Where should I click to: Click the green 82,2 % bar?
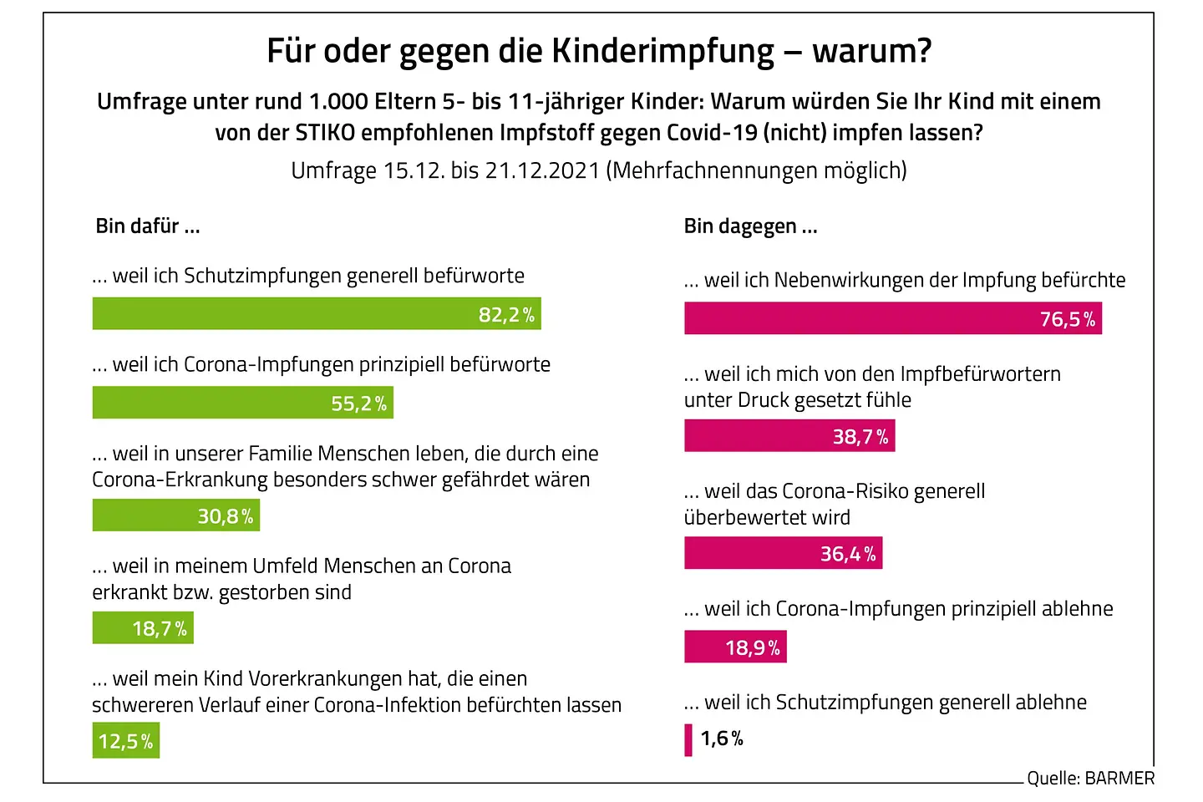[316, 314]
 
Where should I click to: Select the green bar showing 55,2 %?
[242, 403]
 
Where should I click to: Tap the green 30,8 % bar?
[175, 515]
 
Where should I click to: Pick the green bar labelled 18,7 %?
[142, 628]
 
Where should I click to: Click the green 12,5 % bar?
[125, 741]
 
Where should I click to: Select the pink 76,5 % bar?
[892, 318]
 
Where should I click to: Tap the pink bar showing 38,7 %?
[789, 436]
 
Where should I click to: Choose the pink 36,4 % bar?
[783, 553]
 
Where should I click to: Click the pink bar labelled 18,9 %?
[735, 647]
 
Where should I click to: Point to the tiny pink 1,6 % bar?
[688, 739]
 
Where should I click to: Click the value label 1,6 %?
[722, 739]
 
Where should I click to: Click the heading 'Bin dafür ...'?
[148, 226]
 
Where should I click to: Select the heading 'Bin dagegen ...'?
[750, 226]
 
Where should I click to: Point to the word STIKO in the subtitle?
[325, 133]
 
